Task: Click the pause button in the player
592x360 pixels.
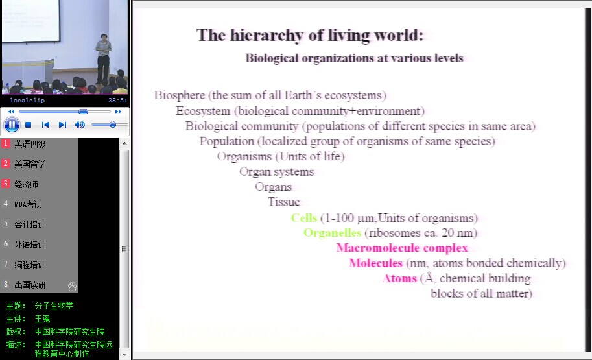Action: click(12, 125)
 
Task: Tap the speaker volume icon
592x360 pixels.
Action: click(80, 125)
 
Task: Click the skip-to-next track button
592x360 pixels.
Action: click(63, 125)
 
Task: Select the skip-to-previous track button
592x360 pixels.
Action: click(45, 125)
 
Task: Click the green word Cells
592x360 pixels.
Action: click(304, 218)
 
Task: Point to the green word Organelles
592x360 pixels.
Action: click(332, 233)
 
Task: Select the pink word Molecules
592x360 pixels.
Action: click(375, 263)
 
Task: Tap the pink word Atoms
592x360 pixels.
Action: click(399, 278)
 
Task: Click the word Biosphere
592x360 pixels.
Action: click(180, 95)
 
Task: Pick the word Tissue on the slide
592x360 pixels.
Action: click(283, 202)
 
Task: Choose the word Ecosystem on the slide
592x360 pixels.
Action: click(203, 111)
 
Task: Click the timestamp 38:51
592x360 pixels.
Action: click(117, 100)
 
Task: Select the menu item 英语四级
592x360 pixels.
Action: click(30, 144)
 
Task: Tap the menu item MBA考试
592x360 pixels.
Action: click(29, 204)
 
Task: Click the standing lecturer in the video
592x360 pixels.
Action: click(103, 58)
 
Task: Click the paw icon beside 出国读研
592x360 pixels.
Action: click(72, 286)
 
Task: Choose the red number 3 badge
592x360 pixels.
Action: click(6, 184)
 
